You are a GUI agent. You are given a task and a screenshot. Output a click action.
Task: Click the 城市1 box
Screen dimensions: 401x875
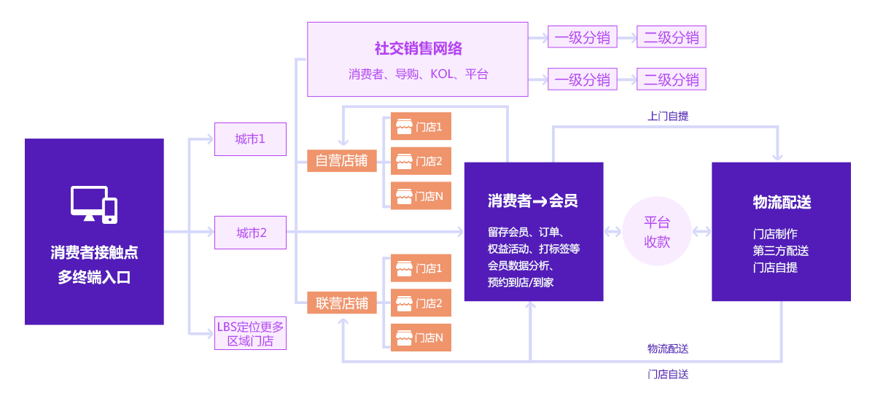(250, 139)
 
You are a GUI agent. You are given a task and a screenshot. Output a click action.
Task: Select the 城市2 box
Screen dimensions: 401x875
(250, 233)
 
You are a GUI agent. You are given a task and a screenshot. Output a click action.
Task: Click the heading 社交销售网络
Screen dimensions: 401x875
(418, 49)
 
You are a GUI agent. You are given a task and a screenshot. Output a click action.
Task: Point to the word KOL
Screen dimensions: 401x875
(442, 74)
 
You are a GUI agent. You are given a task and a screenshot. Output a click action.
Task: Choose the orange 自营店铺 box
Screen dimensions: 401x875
(341, 161)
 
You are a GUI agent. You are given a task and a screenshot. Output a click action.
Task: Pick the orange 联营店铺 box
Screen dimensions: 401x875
(341, 303)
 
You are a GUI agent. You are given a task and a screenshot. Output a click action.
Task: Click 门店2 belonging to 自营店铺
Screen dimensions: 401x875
(421, 161)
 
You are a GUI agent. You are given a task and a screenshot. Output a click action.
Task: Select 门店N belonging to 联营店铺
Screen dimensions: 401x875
(421, 338)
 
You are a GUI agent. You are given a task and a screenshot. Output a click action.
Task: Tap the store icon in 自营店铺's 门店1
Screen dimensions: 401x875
(403, 127)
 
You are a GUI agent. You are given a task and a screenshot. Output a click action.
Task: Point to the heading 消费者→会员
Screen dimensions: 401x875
(533, 201)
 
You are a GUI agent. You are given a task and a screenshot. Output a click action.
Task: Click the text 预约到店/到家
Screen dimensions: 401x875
(521, 282)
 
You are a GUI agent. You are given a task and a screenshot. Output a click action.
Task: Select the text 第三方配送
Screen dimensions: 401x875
(780, 251)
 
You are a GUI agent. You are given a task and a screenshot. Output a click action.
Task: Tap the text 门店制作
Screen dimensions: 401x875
(774, 234)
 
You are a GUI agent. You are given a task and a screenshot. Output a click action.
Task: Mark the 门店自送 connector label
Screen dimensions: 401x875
(667, 374)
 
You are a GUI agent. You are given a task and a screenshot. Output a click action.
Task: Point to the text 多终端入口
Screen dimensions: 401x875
(94, 277)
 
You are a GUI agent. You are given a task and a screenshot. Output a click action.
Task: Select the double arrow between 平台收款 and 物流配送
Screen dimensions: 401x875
(701, 232)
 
